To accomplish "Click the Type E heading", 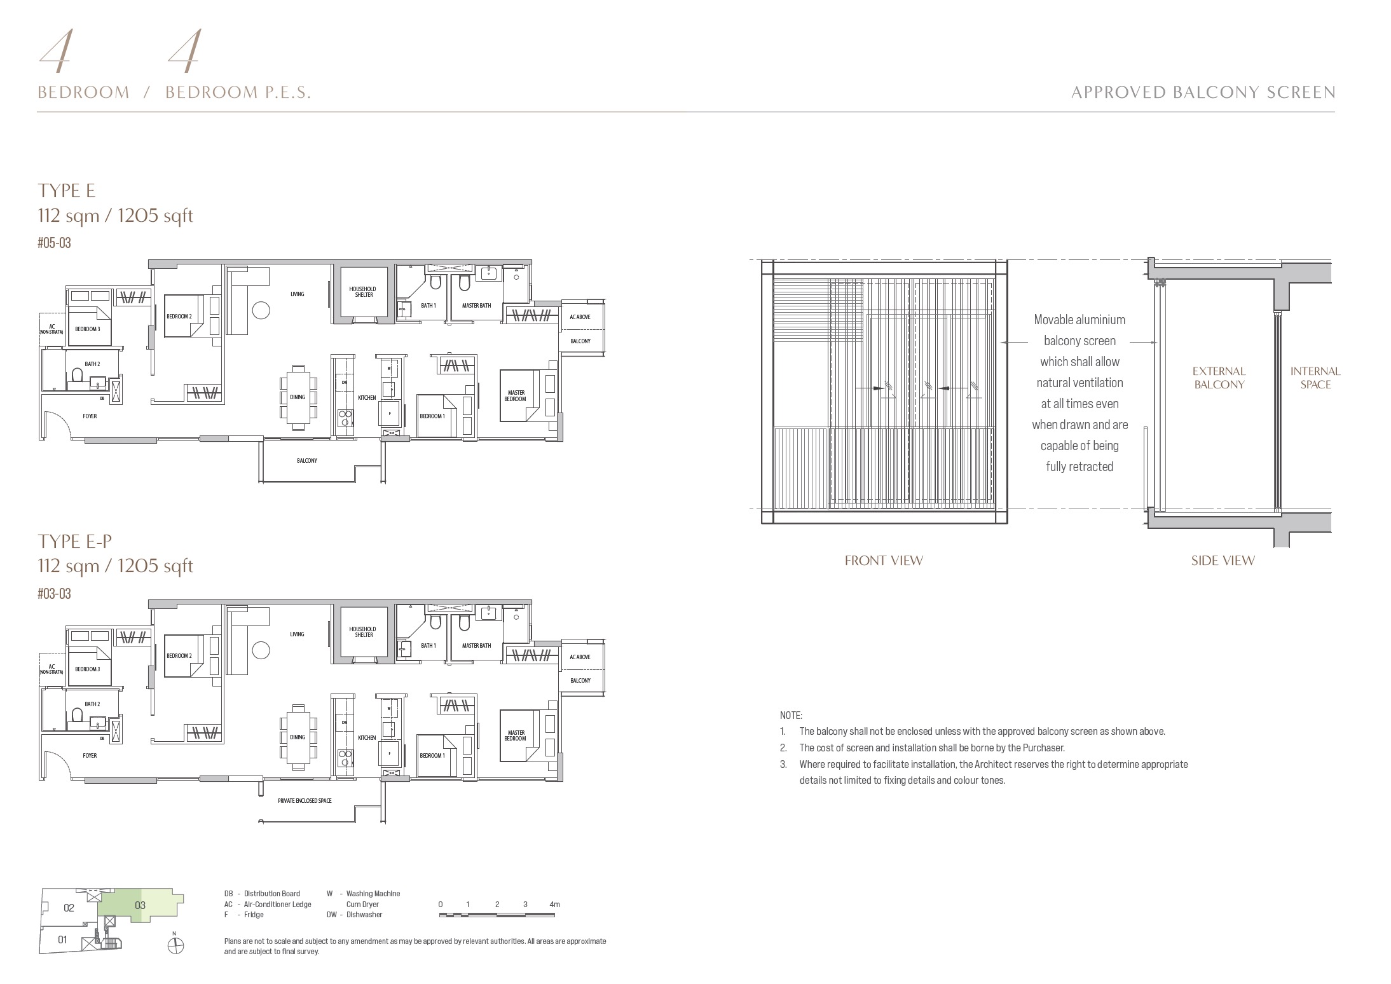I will (66, 190).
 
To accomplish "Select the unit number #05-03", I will (54, 243).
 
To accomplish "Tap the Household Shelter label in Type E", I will (362, 292).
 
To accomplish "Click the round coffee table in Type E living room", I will (261, 310).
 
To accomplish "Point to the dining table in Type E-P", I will (298, 737).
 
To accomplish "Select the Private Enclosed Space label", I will (305, 800).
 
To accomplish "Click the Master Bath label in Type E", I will (476, 306).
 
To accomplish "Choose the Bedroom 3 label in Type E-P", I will (87, 669).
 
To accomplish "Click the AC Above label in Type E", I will (580, 317).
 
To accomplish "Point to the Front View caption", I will (883, 561).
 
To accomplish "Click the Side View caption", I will (1223, 561).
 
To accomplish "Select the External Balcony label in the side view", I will (1219, 378).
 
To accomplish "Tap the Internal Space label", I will (1315, 378).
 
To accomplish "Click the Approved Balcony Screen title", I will (1203, 93).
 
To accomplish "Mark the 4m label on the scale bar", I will (554, 904).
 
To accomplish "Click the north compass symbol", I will (175, 945).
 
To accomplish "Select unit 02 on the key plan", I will (69, 908).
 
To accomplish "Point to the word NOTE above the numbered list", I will (791, 715).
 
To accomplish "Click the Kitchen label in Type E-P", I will (367, 737).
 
